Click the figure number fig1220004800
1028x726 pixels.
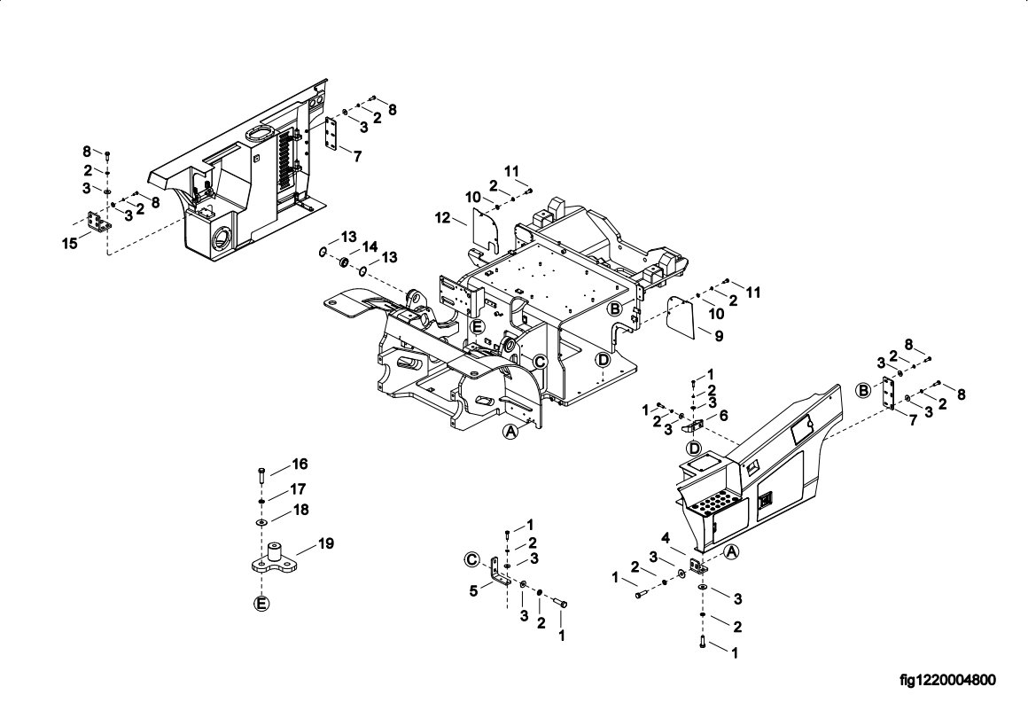947,680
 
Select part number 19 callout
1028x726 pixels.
326,543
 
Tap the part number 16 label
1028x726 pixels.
300,464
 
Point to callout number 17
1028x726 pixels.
299,489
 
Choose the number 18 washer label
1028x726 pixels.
301,510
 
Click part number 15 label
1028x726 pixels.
69,243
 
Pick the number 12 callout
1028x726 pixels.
443,218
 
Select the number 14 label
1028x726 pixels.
370,246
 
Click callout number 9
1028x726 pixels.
720,336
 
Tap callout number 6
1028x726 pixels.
724,415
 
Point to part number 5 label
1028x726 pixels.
473,591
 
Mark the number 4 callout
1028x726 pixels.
666,538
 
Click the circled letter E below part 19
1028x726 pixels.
261,604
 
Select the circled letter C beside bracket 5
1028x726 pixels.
471,559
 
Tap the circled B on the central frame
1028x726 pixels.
614,308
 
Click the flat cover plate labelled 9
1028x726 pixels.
681,317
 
